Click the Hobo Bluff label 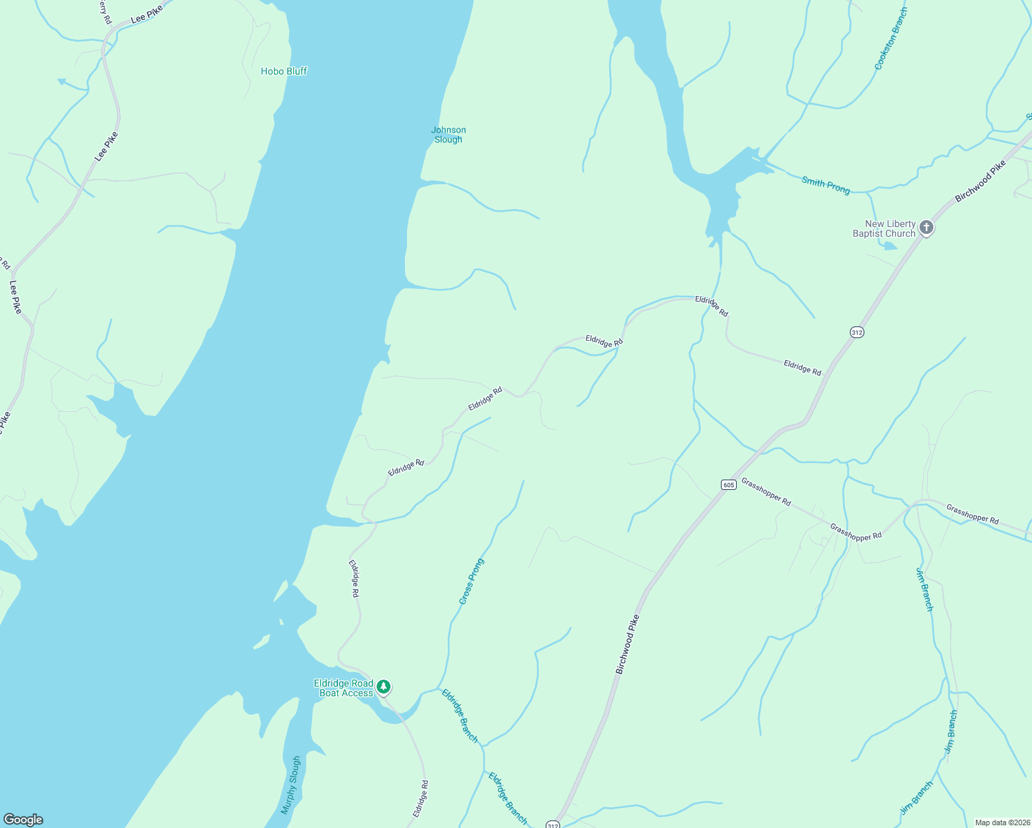click(x=284, y=71)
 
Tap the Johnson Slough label click(x=448, y=135)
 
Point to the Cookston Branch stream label click(x=891, y=39)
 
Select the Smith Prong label click(x=826, y=185)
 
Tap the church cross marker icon click(x=926, y=227)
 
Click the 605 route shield click(x=728, y=484)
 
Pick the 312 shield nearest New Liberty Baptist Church click(x=856, y=332)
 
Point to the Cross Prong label click(x=472, y=581)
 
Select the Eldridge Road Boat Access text click(x=344, y=688)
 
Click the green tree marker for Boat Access click(x=384, y=687)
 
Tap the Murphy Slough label click(x=291, y=785)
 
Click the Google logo click(x=23, y=820)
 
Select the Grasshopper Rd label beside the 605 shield click(x=766, y=492)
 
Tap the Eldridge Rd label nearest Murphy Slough click(x=421, y=799)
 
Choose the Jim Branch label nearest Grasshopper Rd click(x=924, y=589)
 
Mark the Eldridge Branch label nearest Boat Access click(x=459, y=716)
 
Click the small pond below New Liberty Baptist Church click(x=891, y=245)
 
